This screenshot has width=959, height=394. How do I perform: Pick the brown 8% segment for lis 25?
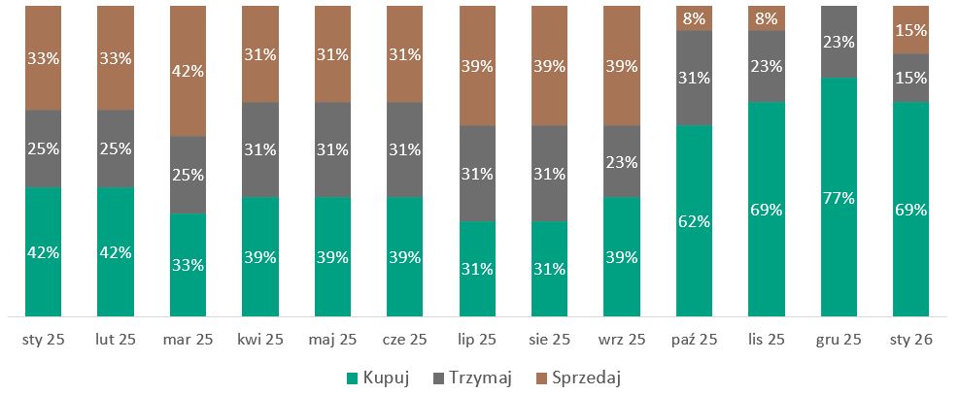(x=767, y=17)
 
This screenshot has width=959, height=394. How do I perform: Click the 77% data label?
(x=839, y=198)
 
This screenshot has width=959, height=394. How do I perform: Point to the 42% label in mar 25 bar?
(x=188, y=70)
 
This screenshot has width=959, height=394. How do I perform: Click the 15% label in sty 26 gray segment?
(x=911, y=78)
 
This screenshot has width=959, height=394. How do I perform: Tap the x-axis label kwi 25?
(x=260, y=340)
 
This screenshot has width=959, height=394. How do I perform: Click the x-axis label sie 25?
(x=550, y=340)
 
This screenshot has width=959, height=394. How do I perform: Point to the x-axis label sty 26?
(x=911, y=340)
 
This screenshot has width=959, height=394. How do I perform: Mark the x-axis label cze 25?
(x=405, y=340)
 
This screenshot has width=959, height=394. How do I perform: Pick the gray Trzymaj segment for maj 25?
(x=332, y=148)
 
